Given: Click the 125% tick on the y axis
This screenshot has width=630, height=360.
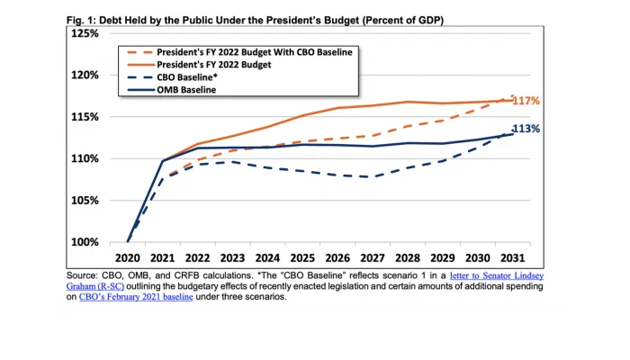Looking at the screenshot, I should tap(85, 33).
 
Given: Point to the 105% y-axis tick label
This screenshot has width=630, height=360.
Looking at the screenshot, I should tap(85, 201).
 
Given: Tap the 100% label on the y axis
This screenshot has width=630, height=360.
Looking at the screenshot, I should tap(85, 243).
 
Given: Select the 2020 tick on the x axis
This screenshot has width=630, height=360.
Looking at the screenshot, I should tap(128, 257).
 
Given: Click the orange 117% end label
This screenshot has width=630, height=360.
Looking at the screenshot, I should tap(526, 101).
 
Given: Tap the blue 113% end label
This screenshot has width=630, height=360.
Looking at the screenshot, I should tap(526, 129).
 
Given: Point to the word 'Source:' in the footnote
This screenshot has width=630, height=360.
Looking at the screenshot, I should tap(85, 274).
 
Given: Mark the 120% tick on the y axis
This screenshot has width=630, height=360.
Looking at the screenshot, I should tap(85, 76).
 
